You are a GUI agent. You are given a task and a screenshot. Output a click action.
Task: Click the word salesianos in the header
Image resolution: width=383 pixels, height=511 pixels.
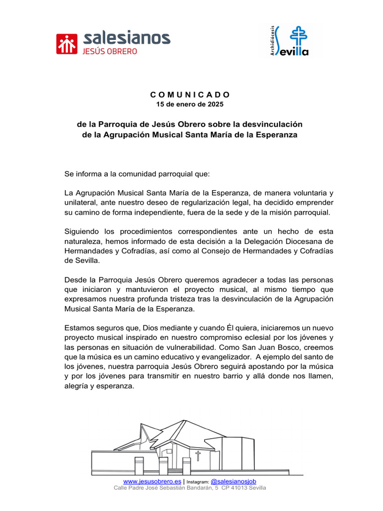coord(127,38)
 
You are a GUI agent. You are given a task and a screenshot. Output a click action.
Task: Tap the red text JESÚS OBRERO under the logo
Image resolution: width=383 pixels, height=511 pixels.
coord(110,51)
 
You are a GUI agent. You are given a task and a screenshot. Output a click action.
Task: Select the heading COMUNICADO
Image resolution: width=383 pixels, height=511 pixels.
coord(190,94)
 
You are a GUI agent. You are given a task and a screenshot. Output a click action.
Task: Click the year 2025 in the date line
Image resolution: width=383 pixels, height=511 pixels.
coord(215,104)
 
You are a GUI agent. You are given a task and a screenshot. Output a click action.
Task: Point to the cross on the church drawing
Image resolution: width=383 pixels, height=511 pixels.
coord(198,456)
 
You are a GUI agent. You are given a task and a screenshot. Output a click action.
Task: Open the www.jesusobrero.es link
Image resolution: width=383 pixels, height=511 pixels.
coord(152,481)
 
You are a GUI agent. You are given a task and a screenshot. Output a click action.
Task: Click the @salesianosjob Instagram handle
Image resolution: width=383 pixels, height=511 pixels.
coord(233,481)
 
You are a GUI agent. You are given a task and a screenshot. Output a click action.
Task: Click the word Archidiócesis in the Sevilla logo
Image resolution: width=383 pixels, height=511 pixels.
coord(271,40)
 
